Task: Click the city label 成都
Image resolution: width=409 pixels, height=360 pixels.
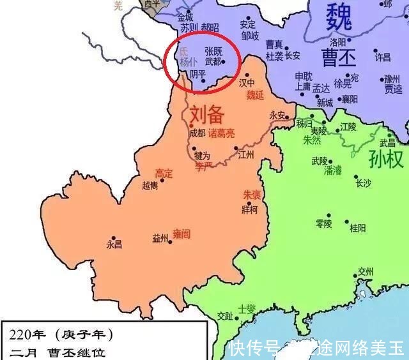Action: pyautogui.click(x=197, y=133)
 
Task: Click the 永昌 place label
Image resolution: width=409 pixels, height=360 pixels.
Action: pyautogui.click(x=114, y=244)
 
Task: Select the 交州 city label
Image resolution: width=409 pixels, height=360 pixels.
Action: pyautogui.click(x=366, y=271)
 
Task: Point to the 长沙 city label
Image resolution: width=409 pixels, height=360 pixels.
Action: pyautogui.click(x=363, y=183)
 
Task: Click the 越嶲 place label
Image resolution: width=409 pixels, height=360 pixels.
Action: pyautogui.click(x=150, y=186)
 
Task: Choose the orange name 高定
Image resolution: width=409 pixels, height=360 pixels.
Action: pyautogui.click(x=164, y=173)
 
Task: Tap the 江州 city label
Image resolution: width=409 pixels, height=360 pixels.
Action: pyautogui.click(x=246, y=154)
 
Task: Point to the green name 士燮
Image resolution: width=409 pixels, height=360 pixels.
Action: pyautogui.click(x=246, y=309)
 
